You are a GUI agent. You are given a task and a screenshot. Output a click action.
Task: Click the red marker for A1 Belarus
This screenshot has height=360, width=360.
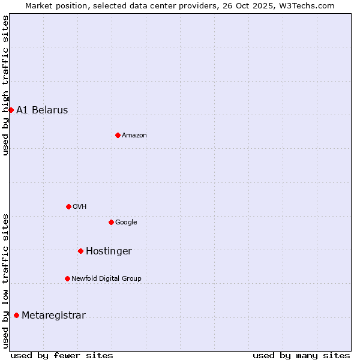pyautogui.click(x=11, y=110)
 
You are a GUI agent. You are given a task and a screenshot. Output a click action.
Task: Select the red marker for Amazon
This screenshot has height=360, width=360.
pyautogui.click(x=118, y=135)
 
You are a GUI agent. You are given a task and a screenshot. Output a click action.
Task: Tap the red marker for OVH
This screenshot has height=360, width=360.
pyautogui.click(x=68, y=206)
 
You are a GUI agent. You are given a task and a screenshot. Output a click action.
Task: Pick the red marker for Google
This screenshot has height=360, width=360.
pyautogui.click(x=111, y=222)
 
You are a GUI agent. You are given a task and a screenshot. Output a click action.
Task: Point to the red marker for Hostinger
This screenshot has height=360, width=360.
pyautogui.click(x=80, y=251)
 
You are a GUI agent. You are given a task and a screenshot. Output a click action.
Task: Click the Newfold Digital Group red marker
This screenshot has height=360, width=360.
pyautogui.click(x=67, y=278)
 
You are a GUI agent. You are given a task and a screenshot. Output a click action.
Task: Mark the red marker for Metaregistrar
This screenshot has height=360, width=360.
pyautogui.click(x=16, y=315)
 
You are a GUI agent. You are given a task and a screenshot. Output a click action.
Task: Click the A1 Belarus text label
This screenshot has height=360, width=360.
pyautogui.click(x=42, y=110)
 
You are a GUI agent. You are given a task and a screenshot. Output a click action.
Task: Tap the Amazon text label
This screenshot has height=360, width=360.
pyautogui.click(x=134, y=135)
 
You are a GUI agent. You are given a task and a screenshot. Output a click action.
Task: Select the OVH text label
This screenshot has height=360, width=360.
pyautogui.click(x=80, y=206)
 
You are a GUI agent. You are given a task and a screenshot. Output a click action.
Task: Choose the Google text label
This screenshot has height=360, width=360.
pyautogui.click(x=126, y=222)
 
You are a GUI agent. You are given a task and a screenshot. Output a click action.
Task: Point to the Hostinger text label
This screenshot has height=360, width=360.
pyautogui.click(x=109, y=251)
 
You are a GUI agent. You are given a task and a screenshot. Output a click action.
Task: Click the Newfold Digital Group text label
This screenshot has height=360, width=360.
pyautogui.click(x=106, y=278)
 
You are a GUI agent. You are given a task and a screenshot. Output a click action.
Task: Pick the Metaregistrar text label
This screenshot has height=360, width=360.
pyautogui.click(x=53, y=315)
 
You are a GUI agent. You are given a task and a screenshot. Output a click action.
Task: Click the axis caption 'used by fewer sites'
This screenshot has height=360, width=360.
pyautogui.click(x=62, y=355)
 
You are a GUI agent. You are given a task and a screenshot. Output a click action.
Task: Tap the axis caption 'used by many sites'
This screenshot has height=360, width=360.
pyautogui.click(x=301, y=355)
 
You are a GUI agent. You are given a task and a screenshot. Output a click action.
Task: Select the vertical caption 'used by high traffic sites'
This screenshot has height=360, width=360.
pyautogui.click(x=5, y=85)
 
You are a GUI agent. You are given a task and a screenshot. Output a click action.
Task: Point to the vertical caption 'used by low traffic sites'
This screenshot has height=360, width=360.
pyautogui.click(x=5, y=281)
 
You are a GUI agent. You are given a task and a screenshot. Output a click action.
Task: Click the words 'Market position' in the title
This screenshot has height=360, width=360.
pyautogui.click(x=53, y=5)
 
